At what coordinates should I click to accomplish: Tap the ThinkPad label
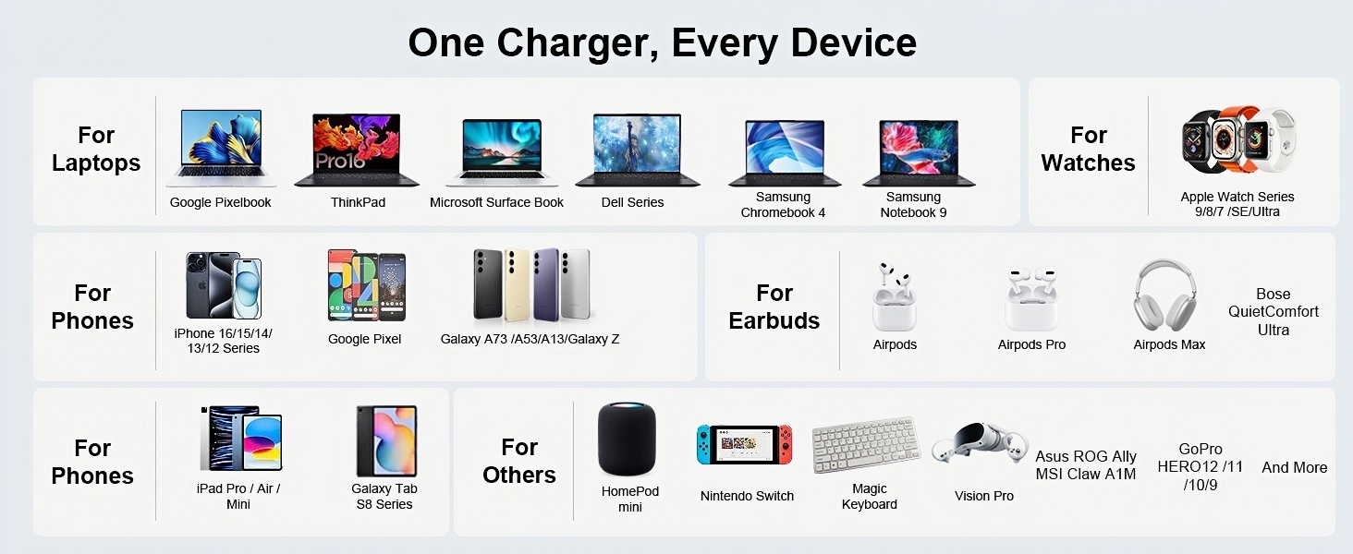[358, 202]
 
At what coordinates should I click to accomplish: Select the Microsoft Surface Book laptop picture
[500, 151]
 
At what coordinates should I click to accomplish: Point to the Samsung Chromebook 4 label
[783, 205]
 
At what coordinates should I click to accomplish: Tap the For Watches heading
[1088, 150]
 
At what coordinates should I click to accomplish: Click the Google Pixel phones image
[367, 284]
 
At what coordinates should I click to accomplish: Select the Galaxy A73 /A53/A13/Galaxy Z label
[530, 339]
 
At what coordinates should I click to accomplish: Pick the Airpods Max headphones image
[1165, 295]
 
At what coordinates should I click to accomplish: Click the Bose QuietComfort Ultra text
[1273, 312]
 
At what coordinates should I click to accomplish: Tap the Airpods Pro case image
[1031, 299]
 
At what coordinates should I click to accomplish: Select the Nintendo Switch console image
[744, 444]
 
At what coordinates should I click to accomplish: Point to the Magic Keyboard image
[866, 445]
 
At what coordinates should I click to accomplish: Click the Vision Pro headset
[979, 443]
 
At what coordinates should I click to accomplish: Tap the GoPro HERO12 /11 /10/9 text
[1200, 467]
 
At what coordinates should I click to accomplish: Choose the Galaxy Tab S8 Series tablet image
[386, 440]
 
